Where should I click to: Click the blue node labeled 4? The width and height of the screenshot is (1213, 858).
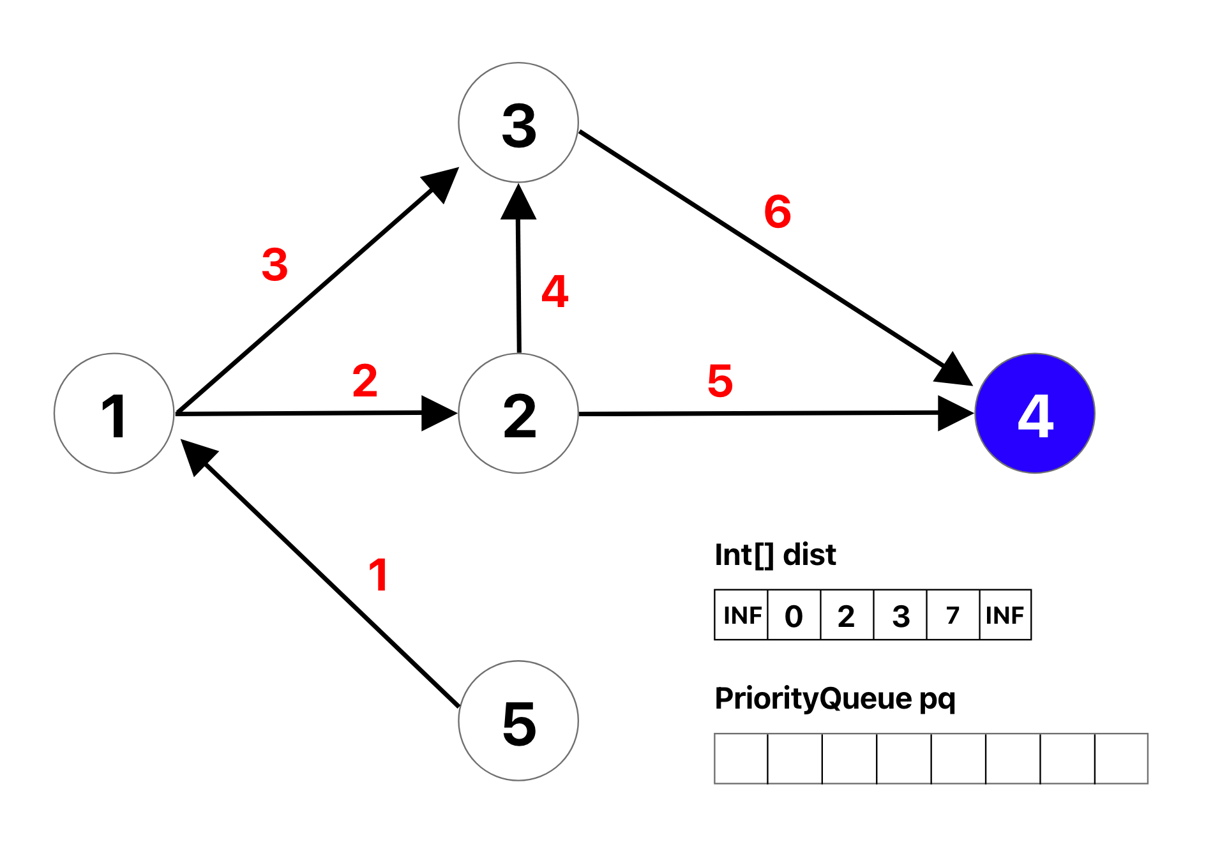click(1035, 414)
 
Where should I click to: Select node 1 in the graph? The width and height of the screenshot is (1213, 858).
click(114, 414)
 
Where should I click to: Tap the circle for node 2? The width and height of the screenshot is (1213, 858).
click(518, 414)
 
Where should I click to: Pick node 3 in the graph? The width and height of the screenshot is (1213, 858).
click(518, 123)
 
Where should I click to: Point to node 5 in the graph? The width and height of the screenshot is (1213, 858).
click(518, 721)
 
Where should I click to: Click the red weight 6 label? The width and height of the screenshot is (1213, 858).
click(778, 212)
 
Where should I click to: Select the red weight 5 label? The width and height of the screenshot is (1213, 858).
click(720, 381)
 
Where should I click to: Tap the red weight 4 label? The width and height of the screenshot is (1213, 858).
click(555, 292)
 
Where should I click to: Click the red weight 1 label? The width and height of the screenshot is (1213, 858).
click(379, 575)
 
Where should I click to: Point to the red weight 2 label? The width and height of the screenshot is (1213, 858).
click(365, 381)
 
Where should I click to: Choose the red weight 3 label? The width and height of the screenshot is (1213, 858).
click(275, 265)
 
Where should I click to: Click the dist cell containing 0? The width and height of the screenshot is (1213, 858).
click(794, 615)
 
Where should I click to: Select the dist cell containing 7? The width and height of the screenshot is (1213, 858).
click(953, 615)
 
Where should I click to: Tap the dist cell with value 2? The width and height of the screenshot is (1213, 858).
click(847, 615)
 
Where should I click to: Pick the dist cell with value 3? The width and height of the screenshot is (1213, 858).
click(900, 615)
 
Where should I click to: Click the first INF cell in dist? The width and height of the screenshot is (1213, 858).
click(741, 615)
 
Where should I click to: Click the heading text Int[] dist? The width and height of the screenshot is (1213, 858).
click(775, 555)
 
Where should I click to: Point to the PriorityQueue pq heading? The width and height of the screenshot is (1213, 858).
click(835, 698)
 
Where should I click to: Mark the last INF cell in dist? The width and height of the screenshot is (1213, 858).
click(1005, 615)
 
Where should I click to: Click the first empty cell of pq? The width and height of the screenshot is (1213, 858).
click(741, 758)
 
